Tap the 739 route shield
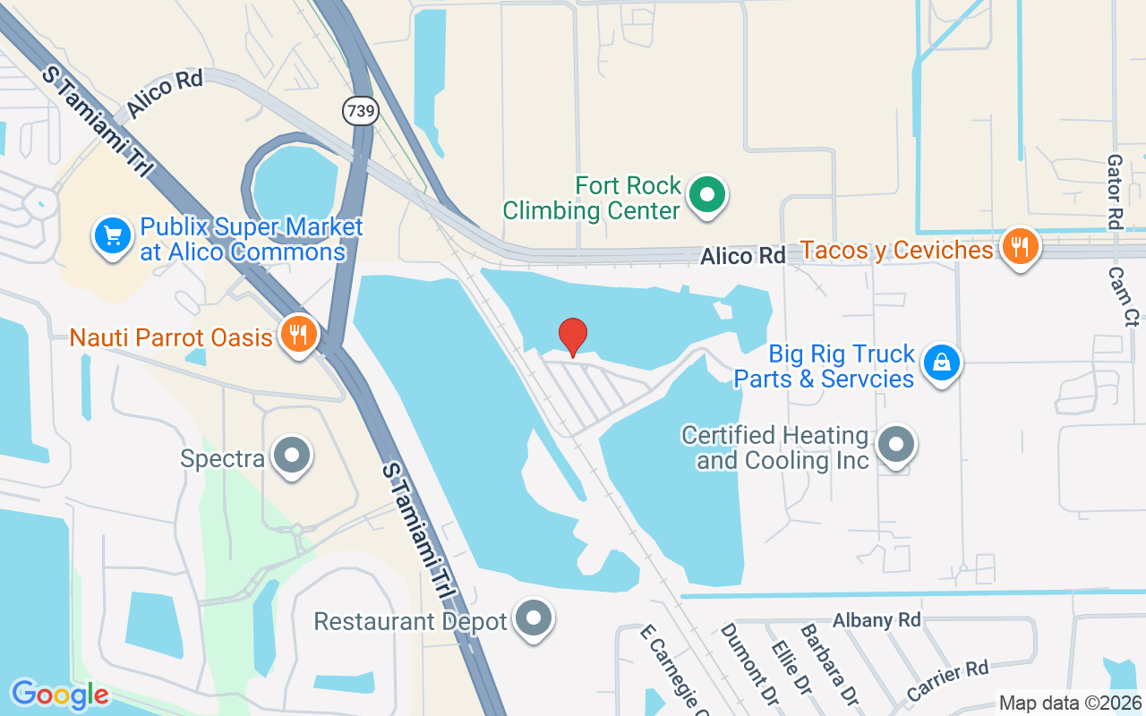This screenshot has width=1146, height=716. (360, 111)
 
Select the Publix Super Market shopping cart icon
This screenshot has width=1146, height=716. (113, 237)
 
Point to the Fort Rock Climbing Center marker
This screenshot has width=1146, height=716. (708, 194)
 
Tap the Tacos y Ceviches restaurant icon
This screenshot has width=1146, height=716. (1019, 244)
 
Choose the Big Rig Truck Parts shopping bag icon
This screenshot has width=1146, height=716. (941, 363)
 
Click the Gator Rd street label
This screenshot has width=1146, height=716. (1115, 192)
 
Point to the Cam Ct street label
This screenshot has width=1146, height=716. (1123, 296)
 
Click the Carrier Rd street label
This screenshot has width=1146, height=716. (946, 681)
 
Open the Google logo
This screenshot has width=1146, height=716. (60, 695)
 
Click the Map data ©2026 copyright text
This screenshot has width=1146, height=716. (1070, 703)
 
